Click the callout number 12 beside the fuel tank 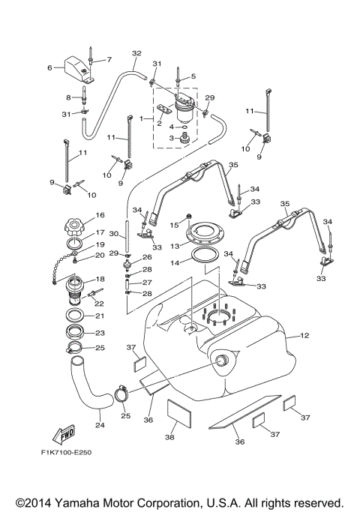point(304,337)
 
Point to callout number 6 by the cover point(51,67)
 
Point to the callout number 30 point(115,235)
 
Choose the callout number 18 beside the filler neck point(100,279)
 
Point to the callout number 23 point(100,333)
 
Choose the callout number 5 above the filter point(192,76)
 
